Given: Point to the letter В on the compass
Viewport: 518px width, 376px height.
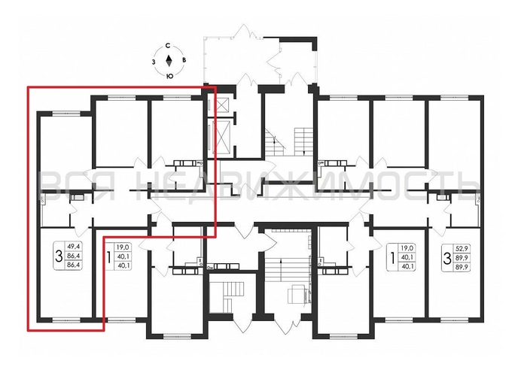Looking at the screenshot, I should click(185, 62).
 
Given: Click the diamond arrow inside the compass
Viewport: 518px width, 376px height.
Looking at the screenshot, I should click(170, 62).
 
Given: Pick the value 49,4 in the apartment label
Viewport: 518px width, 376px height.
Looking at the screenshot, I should click(75, 245).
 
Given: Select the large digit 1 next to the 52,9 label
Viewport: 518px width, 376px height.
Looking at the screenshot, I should click(391, 254).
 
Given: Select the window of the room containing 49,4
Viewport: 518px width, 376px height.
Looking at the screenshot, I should click(63, 320).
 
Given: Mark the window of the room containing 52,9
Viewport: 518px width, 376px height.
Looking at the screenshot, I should click(454, 320).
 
